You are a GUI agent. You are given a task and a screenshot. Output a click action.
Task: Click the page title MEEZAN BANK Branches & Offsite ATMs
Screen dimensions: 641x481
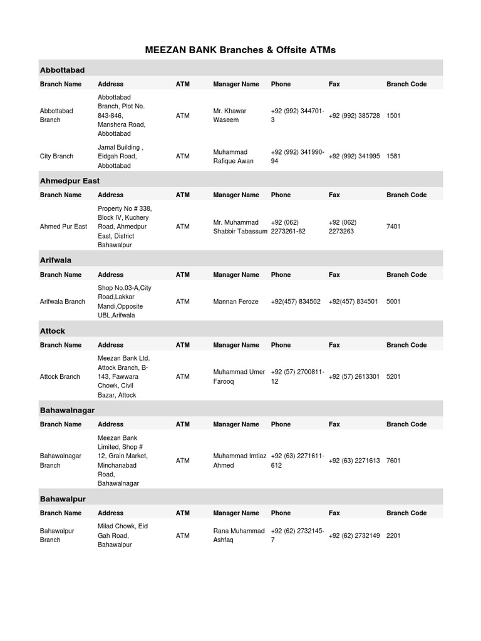[240, 49]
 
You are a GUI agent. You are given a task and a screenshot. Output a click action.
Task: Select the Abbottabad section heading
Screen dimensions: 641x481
[62, 69]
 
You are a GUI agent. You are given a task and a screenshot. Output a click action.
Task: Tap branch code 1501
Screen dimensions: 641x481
[394, 116]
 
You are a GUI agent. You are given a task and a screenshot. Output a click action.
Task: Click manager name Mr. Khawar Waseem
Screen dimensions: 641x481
[229, 115]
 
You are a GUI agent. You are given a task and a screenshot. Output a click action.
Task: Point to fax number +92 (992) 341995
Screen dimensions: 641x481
[354, 156]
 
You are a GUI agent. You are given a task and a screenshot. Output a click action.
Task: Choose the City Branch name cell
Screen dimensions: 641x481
[56, 156]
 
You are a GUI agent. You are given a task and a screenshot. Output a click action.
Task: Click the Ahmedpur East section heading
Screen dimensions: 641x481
[70, 180]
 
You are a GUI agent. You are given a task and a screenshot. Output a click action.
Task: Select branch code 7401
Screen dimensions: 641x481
[394, 227]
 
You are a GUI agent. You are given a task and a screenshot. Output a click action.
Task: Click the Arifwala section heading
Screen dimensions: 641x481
[56, 260]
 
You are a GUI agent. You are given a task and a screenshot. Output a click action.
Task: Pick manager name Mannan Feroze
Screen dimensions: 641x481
[235, 302]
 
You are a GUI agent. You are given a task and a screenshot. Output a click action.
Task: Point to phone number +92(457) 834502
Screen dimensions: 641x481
[296, 302]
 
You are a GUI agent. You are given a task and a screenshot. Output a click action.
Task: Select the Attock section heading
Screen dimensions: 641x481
[53, 331]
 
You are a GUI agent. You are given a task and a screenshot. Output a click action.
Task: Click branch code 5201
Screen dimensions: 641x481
[394, 377]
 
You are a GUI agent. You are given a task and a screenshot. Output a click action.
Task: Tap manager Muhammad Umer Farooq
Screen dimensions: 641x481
[239, 377]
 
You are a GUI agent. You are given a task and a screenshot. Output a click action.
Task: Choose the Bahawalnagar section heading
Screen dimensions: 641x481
[67, 409]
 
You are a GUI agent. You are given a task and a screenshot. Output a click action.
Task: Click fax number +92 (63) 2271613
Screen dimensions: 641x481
[354, 461]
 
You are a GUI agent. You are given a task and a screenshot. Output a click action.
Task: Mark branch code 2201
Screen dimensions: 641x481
[394, 536]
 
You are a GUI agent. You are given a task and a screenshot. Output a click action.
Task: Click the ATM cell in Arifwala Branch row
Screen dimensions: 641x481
[182, 302]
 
